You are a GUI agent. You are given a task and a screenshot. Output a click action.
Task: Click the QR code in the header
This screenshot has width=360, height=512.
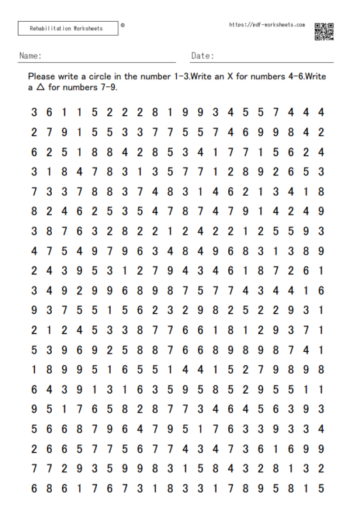(x=324, y=31)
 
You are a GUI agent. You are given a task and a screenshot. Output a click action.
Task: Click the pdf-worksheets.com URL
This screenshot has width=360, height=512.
(x=267, y=25)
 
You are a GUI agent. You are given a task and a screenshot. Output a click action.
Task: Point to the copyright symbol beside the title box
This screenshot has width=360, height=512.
(x=123, y=26)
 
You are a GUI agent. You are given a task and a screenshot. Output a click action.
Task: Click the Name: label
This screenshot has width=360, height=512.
(x=30, y=56)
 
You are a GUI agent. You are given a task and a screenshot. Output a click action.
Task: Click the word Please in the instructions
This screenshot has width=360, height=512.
(x=42, y=77)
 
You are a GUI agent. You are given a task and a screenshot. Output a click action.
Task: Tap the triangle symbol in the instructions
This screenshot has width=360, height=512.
(x=40, y=88)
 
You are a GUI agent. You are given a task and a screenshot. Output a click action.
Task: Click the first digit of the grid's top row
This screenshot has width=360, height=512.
(x=34, y=113)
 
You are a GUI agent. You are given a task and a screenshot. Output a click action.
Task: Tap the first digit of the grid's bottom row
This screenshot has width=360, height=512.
(x=34, y=488)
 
